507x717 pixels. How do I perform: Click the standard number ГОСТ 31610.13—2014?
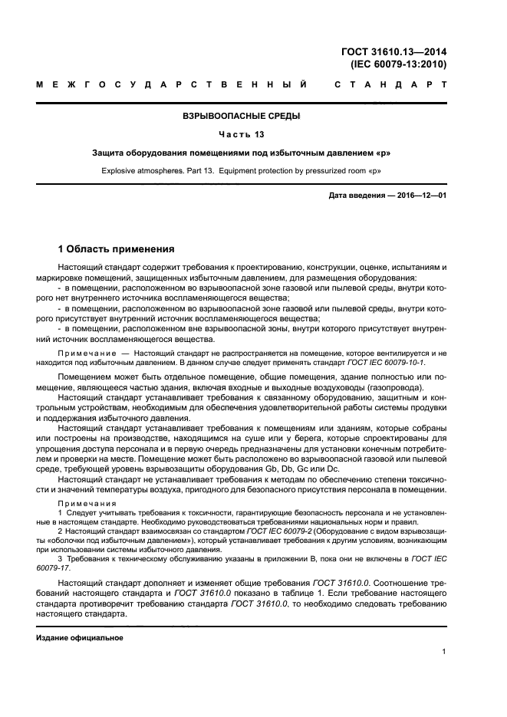point(394,52)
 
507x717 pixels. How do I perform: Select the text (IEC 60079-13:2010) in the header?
point(398,64)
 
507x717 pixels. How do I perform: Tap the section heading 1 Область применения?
point(117,249)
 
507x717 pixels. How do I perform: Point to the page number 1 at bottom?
point(444,652)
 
